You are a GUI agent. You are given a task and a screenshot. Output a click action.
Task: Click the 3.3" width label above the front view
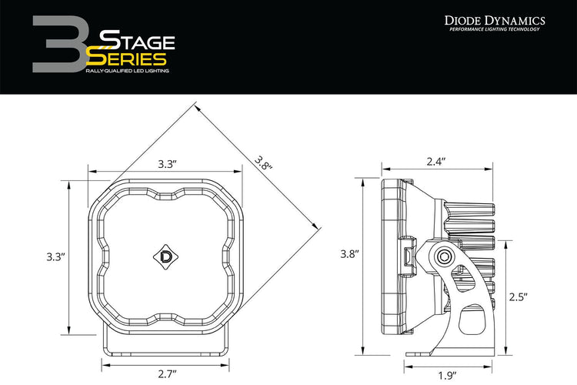click(168, 164)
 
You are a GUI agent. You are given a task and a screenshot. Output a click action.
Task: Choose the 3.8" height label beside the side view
click(349, 253)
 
